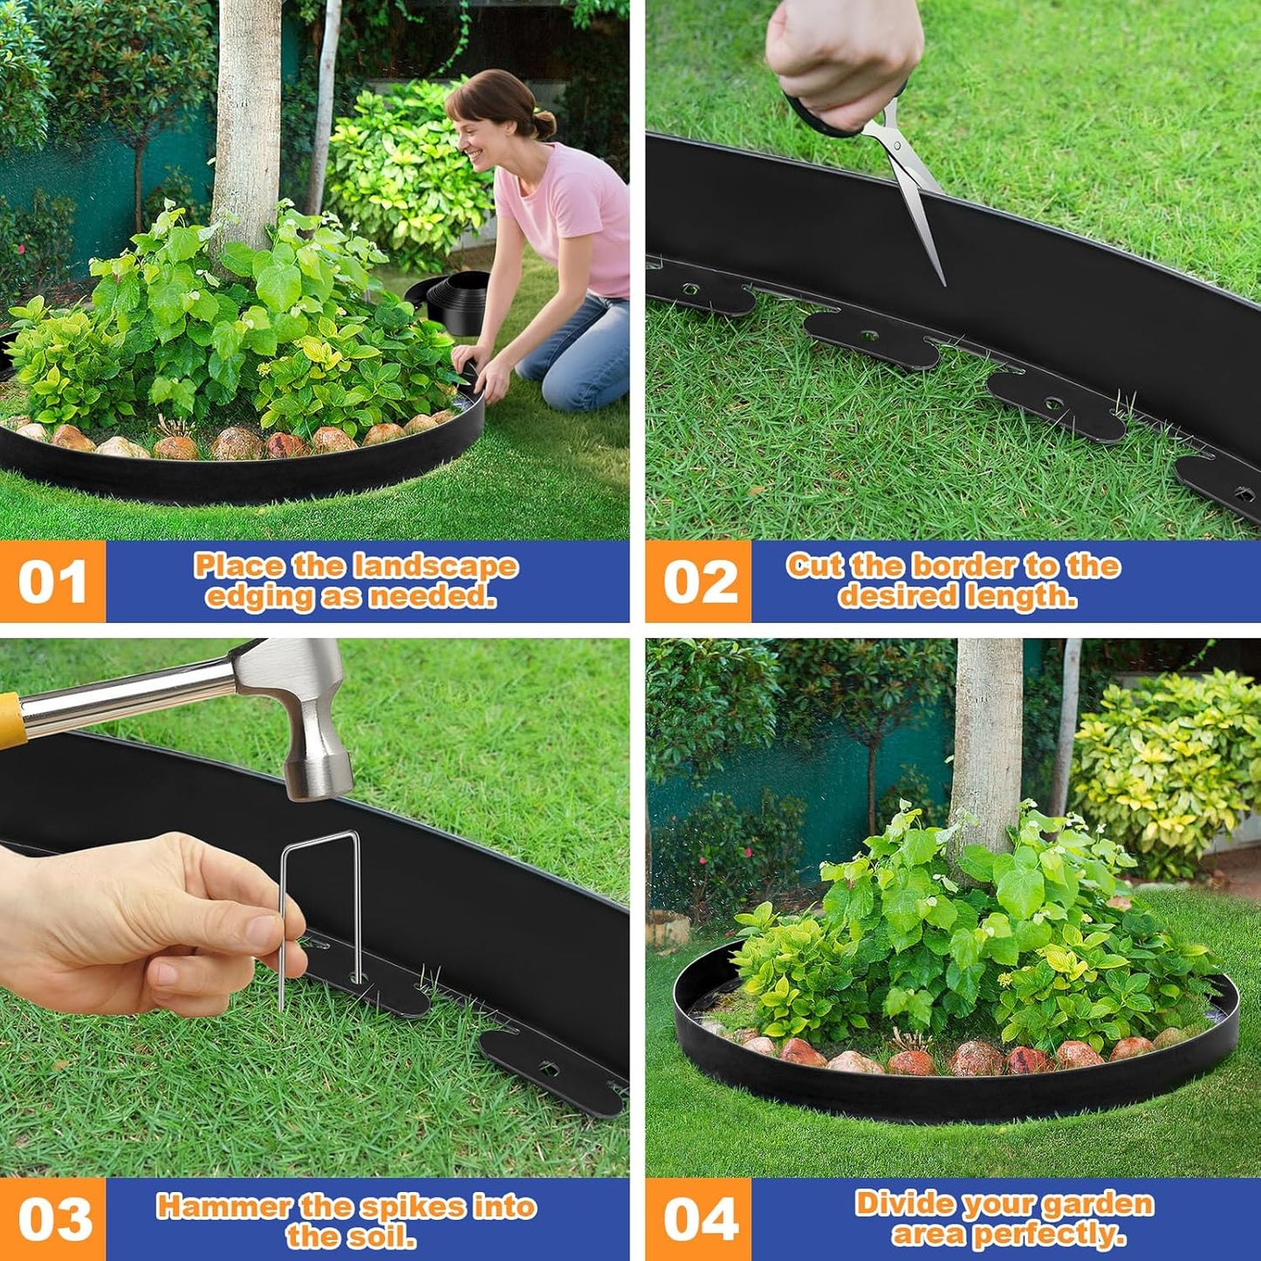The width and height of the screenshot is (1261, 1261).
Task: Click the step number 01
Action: (x=52, y=582)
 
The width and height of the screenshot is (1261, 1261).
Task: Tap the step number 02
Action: (x=699, y=582)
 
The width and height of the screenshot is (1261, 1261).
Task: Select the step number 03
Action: (x=54, y=1219)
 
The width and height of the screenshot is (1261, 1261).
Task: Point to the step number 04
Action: (x=701, y=1219)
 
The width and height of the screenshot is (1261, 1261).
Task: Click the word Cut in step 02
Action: (x=815, y=566)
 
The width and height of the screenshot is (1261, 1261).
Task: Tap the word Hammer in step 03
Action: (x=223, y=1207)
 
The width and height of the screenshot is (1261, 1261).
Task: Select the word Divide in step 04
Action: (x=900, y=1203)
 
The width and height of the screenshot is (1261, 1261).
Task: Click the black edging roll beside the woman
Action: (x=455, y=301)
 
